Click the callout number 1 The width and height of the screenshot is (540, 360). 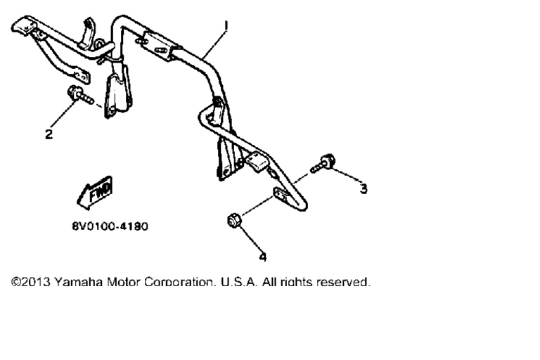pyautogui.click(x=226, y=26)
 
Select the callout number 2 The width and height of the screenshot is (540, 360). pyautogui.click(x=49, y=134)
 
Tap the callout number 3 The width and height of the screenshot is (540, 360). pyautogui.click(x=364, y=188)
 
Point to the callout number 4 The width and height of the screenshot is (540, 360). pyautogui.click(x=263, y=257)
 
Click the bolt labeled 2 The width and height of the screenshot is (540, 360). pyautogui.click(x=80, y=96)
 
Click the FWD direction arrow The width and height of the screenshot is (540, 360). pyautogui.click(x=95, y=192)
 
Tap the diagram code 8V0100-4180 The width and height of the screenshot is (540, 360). pyautogui.click(x=110, y=226)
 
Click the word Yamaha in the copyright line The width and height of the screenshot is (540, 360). pyautogui.click(x=78, y=282)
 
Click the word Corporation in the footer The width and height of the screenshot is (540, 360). pyautogui.click(x=181, y=282)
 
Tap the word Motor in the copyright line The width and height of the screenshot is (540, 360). pyautogui.click(x=123, y=282)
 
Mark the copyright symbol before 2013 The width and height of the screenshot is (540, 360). pyautogui.click(x=16, y=282)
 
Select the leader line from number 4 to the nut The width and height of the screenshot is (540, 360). pyautogui.click(x=250, y=239)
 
